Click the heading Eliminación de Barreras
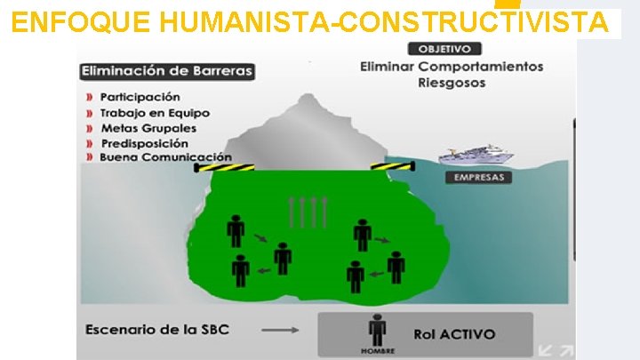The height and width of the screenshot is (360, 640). (167, 71)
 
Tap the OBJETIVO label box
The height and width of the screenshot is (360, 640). (444, 49)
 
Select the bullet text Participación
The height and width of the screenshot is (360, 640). (140, 97)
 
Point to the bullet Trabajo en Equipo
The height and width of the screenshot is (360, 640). (155, 113)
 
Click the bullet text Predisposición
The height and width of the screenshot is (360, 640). (144, 143)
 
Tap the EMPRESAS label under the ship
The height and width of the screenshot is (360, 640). (478, 177)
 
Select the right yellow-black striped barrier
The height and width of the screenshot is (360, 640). (391, 165)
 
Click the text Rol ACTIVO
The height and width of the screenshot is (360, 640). (454, 334)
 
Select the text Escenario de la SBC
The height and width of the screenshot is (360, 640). (157, 330)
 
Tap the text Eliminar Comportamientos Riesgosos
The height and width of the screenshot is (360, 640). (452, 75)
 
